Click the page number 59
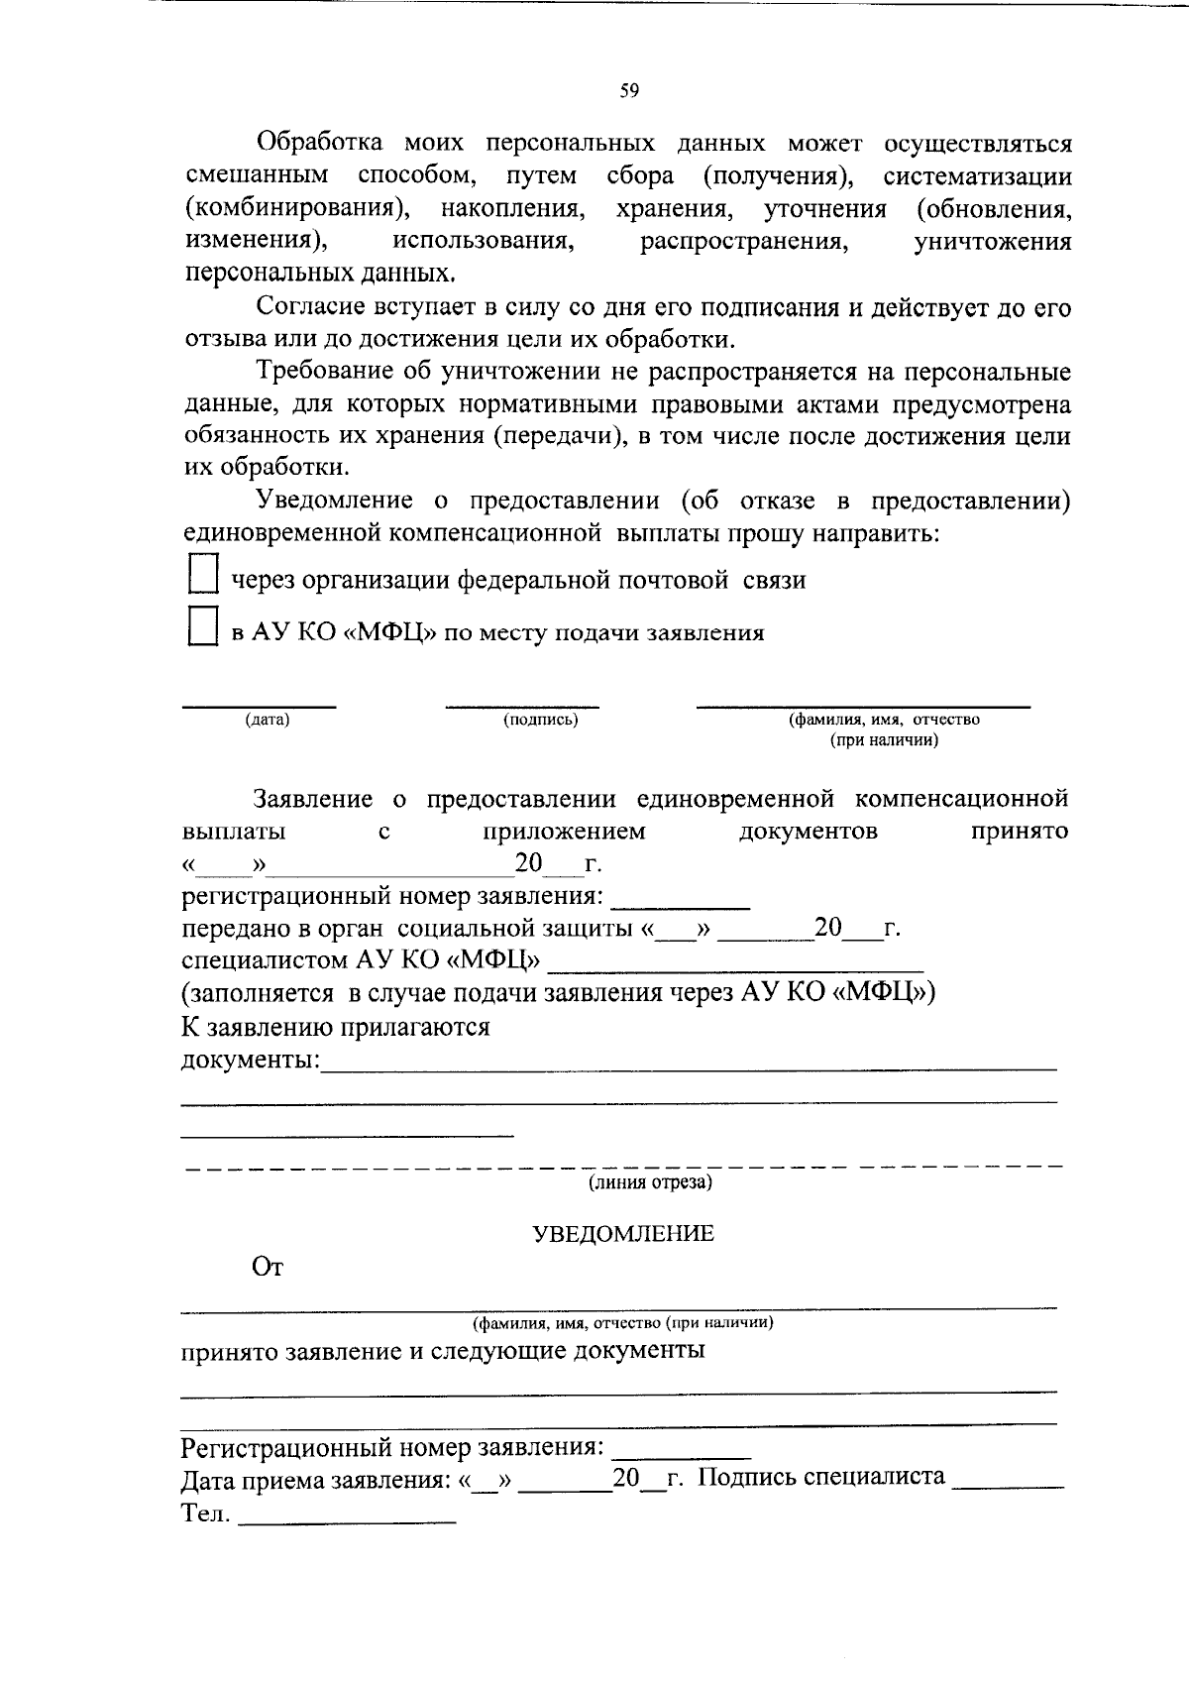click(629, 91)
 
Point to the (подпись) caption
click(540, 720)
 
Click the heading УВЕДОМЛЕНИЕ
click(623, 1233)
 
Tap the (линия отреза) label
click(650, 1181)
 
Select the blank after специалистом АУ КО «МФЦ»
click(735, 966)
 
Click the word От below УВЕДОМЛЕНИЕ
click(268, 1268)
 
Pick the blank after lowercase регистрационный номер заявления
click(681, 903)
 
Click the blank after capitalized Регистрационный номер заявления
click(682, 1453)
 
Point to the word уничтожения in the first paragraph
click(992, 242)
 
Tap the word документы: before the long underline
click(251, 1060)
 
